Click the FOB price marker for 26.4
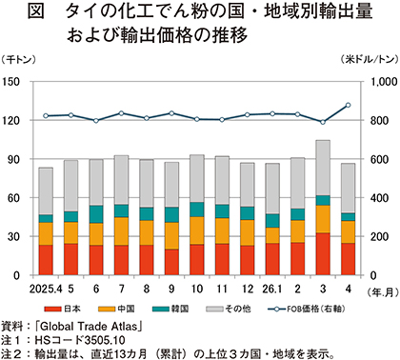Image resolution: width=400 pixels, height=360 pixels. [348, 105]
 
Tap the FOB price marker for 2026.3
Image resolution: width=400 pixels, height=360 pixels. [323, 122]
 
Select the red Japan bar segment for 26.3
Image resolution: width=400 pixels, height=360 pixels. [323, 254]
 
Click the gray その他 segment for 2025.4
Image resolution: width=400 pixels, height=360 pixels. [46, 191]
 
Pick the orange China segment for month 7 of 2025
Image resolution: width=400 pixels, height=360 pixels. [121, 231]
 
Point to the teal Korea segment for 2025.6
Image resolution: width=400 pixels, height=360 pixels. [96, 214]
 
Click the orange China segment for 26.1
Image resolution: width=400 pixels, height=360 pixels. [272, 235]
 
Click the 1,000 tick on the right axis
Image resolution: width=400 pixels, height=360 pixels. [384, 82]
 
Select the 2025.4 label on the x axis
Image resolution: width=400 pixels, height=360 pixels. [46, 289]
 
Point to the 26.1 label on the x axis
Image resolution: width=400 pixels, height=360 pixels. [272, 289]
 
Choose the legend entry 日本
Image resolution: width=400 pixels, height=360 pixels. [62, 309]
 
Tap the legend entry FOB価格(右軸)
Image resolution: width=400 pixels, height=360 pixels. [307, 309]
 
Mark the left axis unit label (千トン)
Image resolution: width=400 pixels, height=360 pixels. [18, 59]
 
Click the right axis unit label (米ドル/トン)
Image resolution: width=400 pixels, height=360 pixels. [369, 59]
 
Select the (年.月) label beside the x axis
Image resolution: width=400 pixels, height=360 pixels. [383, 292]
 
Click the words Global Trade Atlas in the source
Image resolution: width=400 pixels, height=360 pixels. [89, 327]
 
